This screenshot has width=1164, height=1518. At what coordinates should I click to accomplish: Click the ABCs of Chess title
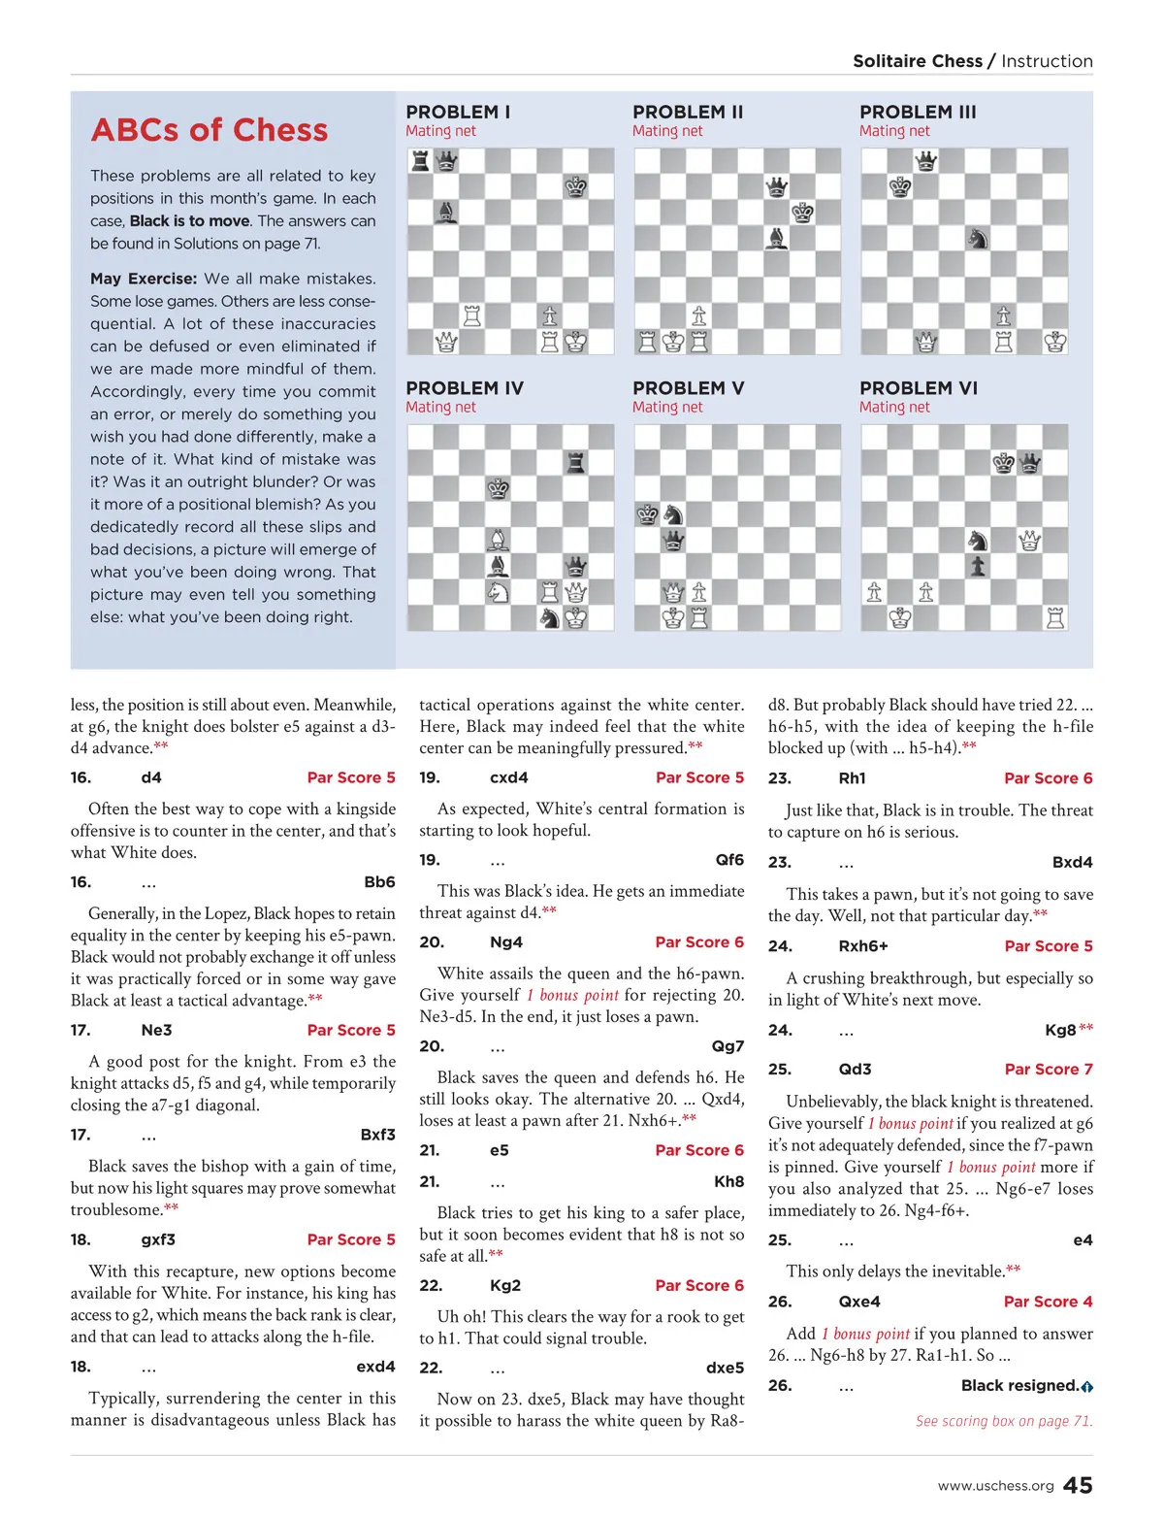pyautogui.click(x=210, y=130)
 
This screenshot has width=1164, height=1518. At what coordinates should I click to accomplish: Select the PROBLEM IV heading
pyautogui.click(x=465, y=388)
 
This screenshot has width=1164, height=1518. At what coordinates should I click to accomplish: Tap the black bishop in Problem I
pyautogui.click(x=446, y=212)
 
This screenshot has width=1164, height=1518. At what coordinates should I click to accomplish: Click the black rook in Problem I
pyautogui.click(x=420, y=160)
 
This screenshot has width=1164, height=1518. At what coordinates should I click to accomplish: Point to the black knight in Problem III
pyautogui.click(x=978, y=237)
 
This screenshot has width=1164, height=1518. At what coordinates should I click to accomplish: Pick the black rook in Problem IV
pyautogui.click(x=576, y=462)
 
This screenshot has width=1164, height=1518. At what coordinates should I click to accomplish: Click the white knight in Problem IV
pyautogui.click(x=499, y=591)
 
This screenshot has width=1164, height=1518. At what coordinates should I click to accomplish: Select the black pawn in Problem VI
pyautogui.click(x=978, y=566)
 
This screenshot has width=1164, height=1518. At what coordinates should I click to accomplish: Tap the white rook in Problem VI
pyautogui.click(x=1055, y=617)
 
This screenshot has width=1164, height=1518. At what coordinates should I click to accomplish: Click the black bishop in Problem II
pyautogui.click(x=776, y=237)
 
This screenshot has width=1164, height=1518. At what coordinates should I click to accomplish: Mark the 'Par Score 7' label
pyautogui.click(x=1049, y=1069)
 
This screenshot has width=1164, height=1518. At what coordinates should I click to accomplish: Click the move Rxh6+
pyautogui.click(x=863, y=945)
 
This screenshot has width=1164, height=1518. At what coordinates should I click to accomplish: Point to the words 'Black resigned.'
pyautogui.click(x=1019, y=1385)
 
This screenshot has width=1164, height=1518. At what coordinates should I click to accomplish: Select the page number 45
pyautogui.click(x=1078, y=1485)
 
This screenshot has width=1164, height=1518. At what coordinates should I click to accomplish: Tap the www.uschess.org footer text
pyautogui.click(x=995, y=1486)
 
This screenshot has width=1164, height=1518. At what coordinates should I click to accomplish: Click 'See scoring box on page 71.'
pyautogui.click(x=1004, y=1421)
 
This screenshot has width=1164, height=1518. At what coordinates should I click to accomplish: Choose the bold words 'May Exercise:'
pyautogui.click(x=144, y=279)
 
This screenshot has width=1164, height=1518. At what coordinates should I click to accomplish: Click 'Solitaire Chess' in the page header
pyautogui.click(x=918, y=61)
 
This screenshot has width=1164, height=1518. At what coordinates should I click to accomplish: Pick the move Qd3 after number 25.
pyautogui.click(x=855, y=1069)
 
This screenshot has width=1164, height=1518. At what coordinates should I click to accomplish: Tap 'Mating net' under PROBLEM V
pyautogui.click(x=667, y=408)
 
